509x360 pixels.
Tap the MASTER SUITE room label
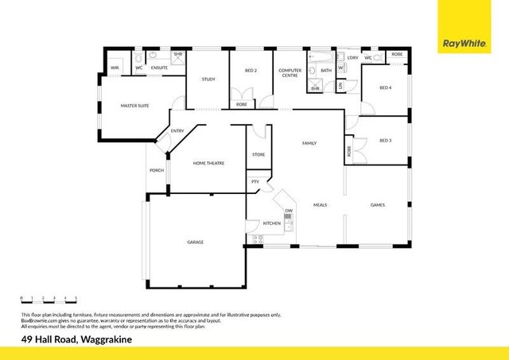(135, 106)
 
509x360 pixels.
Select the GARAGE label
(195, 242)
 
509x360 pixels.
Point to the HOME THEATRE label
(209, 163)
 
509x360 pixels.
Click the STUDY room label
(208, 79)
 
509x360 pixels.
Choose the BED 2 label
(251, 71)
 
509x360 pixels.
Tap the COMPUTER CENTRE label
(289, 73)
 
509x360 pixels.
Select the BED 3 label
(385, 141)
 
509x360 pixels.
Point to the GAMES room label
(378, 204)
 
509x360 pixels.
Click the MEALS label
(320, 204)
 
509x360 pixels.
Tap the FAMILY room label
(309, 143)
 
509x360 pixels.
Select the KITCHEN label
(272, 223)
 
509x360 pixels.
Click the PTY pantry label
(255, 182)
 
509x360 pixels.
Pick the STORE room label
(258, 154)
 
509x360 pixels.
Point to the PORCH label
(157, 170)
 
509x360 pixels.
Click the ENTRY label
(177, 131)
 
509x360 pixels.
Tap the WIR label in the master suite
(115, 68)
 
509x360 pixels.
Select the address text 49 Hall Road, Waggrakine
(77, 339)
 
